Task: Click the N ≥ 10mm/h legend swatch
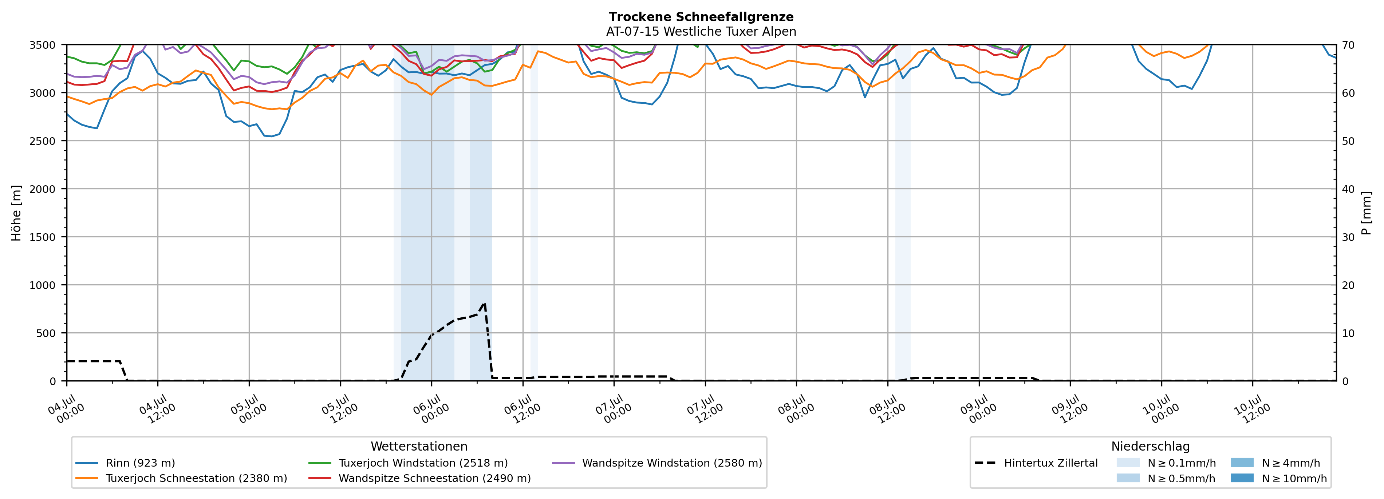pyautogui.click(x=1242, y=478)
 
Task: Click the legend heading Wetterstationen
pyautogui.click(x=419, y=446)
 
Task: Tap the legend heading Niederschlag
pyautogui.click(x=1150, y=446)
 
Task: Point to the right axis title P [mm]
pyautogui.click(x=1366, y=213)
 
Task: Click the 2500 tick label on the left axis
pyautogui.click(x=43, y=141)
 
